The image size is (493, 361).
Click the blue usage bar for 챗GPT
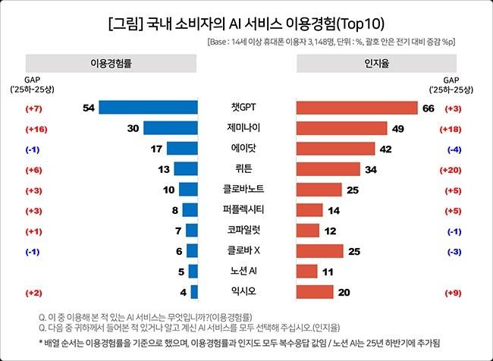pos(149,108)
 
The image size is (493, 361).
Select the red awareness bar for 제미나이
pos(341,128)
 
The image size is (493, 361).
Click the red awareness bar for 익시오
pos(314,292)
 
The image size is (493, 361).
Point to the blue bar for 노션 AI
pos(193,272)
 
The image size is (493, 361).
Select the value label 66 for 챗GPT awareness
pos(428,108)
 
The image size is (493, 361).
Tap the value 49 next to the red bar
pos(397,129)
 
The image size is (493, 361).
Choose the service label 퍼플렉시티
pos(246,210)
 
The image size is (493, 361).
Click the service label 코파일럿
pos(246,231)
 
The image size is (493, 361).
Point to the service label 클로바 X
pos(246,251)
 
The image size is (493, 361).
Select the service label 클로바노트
pos(246,190)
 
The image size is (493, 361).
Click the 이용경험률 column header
pos(111,64)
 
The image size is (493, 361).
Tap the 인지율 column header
pos(367,64)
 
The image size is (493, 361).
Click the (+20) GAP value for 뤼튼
pos(454,169)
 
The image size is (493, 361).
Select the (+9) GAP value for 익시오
pos(454,292)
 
